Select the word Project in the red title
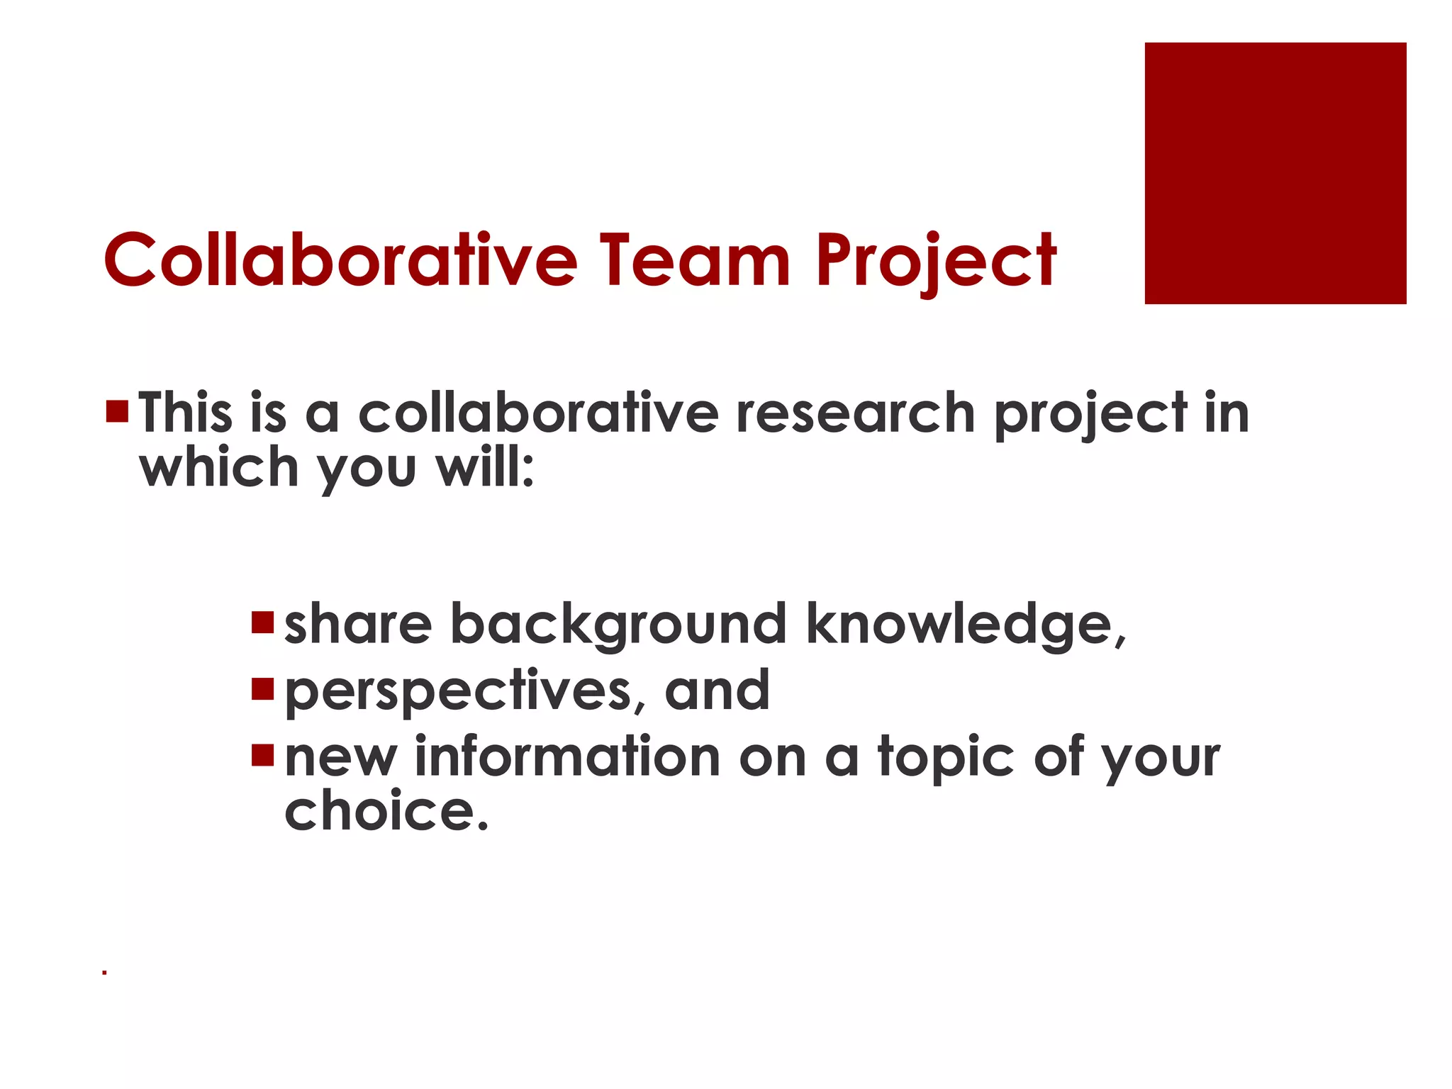click(936, 261)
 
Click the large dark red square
click(1275, 173)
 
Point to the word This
click(186, 413)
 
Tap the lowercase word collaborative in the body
click(539, 413)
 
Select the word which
click(219, 468)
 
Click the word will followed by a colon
click(485, 468)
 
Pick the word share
click(358, 624)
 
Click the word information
click(568, 756)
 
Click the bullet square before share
click(262, 622)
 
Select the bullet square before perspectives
click(262, 688)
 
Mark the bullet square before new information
click(262, 755)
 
